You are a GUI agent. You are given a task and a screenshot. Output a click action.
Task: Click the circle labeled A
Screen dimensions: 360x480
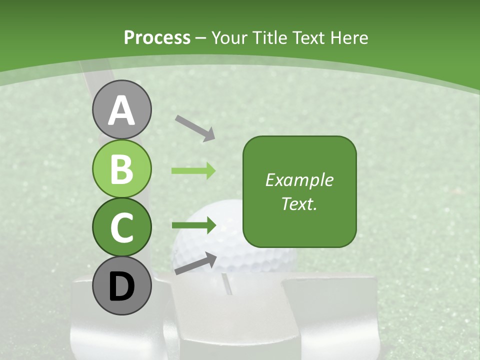[x=121, y=109]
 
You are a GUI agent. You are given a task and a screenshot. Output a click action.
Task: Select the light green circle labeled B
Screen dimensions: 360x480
[x=121, y=168]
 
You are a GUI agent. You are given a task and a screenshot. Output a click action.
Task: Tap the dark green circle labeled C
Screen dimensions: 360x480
[x=121, y=227]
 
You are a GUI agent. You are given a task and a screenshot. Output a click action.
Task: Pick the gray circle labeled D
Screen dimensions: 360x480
[x=121, y=285]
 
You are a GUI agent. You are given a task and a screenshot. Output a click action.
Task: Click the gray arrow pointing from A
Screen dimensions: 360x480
[x=195, y=127]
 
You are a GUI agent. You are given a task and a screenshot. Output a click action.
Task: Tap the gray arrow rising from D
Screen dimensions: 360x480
[x=195, y=263]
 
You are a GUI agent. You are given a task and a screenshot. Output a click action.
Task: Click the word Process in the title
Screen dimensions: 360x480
[x=157, y=37]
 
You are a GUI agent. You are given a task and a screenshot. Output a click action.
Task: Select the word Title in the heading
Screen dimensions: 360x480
[x=270, y=37]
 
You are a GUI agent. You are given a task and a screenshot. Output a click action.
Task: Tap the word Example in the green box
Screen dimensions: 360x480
[x=299, y=180]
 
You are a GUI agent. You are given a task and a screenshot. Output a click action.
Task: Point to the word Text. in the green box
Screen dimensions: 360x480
[x=299, y=203]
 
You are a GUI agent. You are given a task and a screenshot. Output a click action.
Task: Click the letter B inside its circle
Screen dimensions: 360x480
[x=121, y=168]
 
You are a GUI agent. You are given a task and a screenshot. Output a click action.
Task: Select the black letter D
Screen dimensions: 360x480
[x=121, y=286]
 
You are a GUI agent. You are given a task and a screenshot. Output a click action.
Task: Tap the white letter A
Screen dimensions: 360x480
[x=121, y=110]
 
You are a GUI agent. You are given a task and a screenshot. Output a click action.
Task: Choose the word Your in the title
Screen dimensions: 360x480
[x=230, y=37]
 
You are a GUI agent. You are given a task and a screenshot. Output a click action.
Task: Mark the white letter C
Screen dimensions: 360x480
[x=121, y=227]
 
